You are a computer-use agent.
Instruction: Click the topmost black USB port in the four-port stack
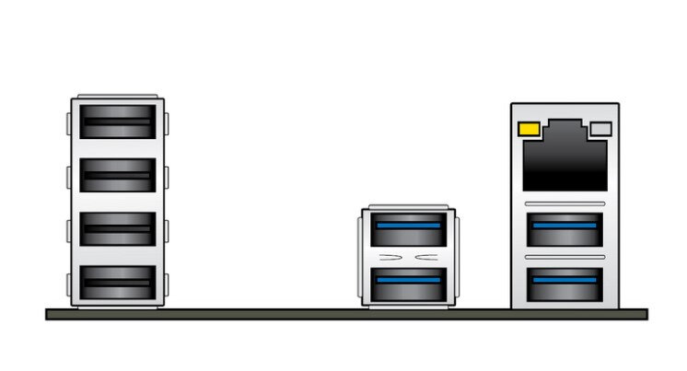[x=117, y=121]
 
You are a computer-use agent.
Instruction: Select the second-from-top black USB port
[x=117, y=173]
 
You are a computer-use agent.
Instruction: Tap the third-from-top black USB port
[x=117, y=226]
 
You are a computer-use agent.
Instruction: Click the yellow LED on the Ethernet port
[x=530, y=129]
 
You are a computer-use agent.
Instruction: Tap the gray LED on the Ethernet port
[x=600, y=130]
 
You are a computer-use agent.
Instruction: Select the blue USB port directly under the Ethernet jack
[x=565, y=228]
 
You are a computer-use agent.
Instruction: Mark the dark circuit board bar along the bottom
[x=346, y=314]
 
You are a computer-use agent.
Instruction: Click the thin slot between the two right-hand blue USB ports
[x=565, y=257]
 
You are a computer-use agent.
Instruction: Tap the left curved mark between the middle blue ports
[x=390, y=255]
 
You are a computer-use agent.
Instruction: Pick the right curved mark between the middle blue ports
[x=428, y=255]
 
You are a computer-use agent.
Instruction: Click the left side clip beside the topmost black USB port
[x=68, y=122]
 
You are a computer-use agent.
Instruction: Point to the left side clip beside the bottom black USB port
[x=68, y=281]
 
